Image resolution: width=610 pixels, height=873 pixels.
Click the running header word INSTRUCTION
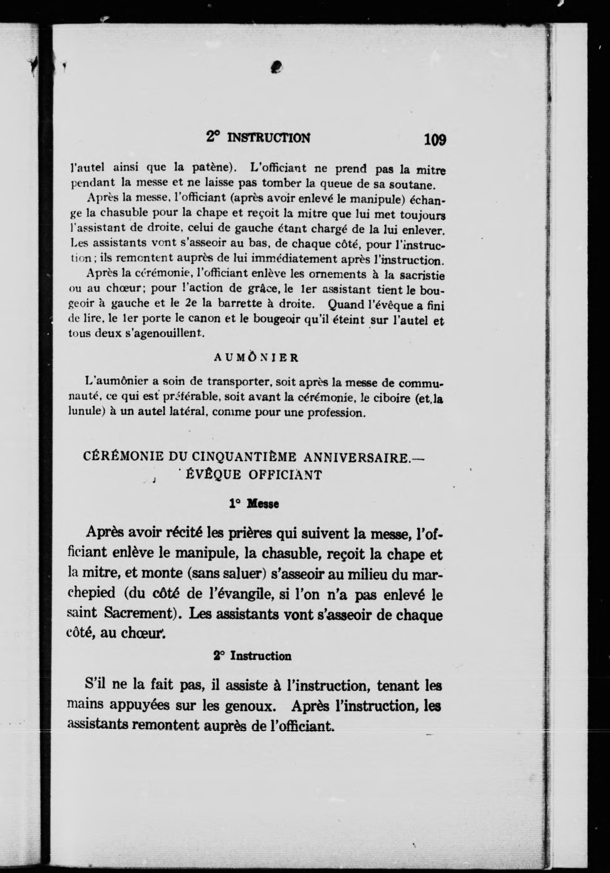click(x=268, y=138)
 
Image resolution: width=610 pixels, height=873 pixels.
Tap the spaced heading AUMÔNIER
click(x=256, y=358)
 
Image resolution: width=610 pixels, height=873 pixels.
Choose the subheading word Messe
click(x=263, y=504)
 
